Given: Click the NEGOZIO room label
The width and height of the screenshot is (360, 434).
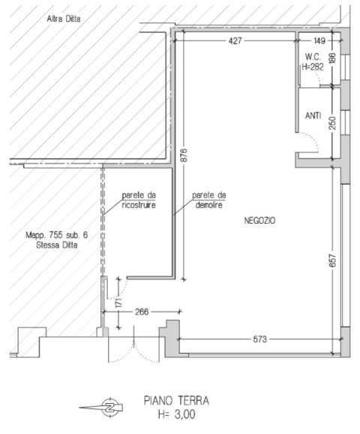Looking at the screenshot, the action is pos(259,220).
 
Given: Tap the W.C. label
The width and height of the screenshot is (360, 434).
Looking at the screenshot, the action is pos(313,57).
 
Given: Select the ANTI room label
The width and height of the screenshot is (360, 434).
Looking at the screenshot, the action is pos(313,116).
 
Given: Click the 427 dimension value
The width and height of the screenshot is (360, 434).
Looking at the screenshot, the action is pos(235,41).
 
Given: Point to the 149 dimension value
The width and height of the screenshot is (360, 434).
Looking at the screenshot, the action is pos(319,41).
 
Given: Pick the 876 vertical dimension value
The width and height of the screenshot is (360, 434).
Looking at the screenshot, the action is pos(185,155).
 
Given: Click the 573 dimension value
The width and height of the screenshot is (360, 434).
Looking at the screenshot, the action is pos(260,339).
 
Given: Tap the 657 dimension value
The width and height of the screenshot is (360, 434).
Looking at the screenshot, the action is pos(333,261).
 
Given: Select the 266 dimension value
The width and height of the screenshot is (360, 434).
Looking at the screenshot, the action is pos(142,312).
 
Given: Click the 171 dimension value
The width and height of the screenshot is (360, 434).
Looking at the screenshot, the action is pos(118,303).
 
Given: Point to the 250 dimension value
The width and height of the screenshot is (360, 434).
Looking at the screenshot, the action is pos(333,123).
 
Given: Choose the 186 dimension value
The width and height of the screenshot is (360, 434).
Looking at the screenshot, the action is pos(333,58).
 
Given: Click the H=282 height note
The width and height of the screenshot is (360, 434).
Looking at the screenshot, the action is pos(313,67).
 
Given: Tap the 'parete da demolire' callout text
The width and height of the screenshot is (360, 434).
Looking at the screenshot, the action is pos(209,200).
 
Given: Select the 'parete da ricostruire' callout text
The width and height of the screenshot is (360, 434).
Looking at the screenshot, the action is pos(139,200).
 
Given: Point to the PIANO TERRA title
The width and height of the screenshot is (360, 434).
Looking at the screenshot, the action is pos(176,400).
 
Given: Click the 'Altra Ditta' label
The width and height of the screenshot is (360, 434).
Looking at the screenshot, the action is pos(64,19).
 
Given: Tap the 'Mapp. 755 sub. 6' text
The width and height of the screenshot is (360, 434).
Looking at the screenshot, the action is pos(57,235).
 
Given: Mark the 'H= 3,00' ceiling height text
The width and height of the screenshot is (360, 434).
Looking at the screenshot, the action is pos(177,414).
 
